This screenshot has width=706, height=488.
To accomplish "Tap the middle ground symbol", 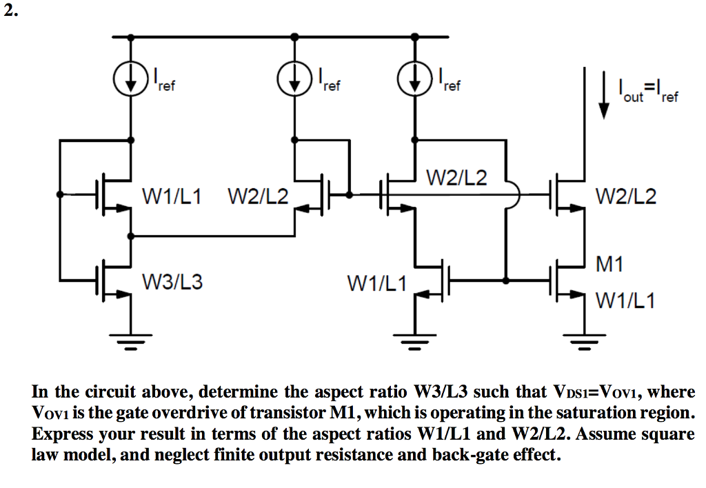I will [x=414, y=338].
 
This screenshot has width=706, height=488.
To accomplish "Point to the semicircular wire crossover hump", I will [x=514, y=195].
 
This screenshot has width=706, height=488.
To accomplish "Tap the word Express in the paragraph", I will [x=59, y=434].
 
